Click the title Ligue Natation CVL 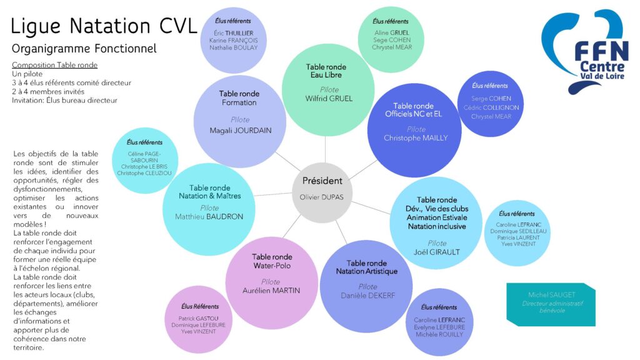104,26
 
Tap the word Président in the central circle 322,181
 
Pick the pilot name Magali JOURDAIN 239,131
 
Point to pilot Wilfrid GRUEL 329,98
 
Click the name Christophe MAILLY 416,138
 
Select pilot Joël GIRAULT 437,252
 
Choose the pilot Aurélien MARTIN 271,291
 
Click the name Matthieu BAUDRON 209,217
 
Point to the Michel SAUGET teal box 542,303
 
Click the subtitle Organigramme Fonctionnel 84,49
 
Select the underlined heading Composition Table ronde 54,65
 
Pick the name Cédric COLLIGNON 491,107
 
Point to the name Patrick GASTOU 199,317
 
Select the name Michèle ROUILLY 439,334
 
